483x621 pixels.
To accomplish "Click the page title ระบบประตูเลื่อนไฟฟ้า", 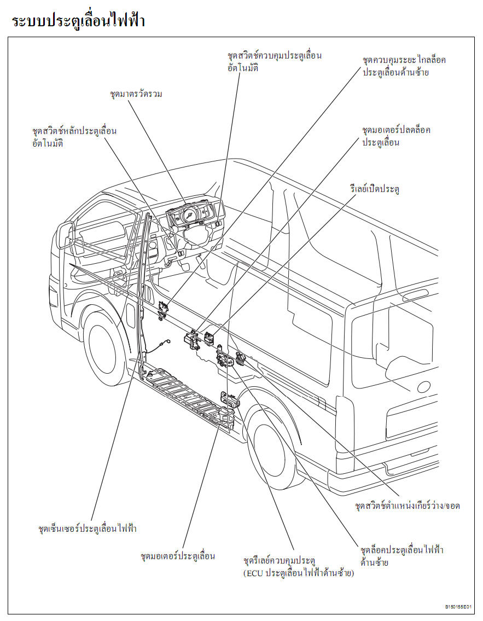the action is [x=78, y=21].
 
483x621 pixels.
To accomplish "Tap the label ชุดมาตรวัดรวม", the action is [x=136, y=94].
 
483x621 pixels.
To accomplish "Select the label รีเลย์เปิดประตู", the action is [x=375, y=189].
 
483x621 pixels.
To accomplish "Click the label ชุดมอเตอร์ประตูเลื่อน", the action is [x=178, y=556].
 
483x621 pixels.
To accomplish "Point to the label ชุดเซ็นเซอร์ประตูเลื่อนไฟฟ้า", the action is [x=88, y=529].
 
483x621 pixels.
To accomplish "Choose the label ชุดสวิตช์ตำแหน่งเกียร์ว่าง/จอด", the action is [x=408, y=506].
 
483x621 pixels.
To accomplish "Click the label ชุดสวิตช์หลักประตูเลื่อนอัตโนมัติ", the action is [x=74, y=137].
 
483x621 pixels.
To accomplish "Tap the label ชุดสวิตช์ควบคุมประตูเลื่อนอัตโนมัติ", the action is [x=275, y=61].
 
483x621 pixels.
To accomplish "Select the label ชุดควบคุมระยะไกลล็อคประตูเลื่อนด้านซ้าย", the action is [x=404, y=66].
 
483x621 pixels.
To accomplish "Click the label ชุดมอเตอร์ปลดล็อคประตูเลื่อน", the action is [x=396, y=136].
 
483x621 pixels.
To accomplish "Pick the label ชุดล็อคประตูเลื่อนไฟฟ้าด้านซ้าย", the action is [x=402, y=556].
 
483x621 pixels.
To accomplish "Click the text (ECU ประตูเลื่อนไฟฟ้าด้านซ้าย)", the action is [x=299, y=573].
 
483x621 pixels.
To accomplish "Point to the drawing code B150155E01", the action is [x=458, y=607].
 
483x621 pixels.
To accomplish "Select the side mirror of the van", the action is [x=67, y=235].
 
